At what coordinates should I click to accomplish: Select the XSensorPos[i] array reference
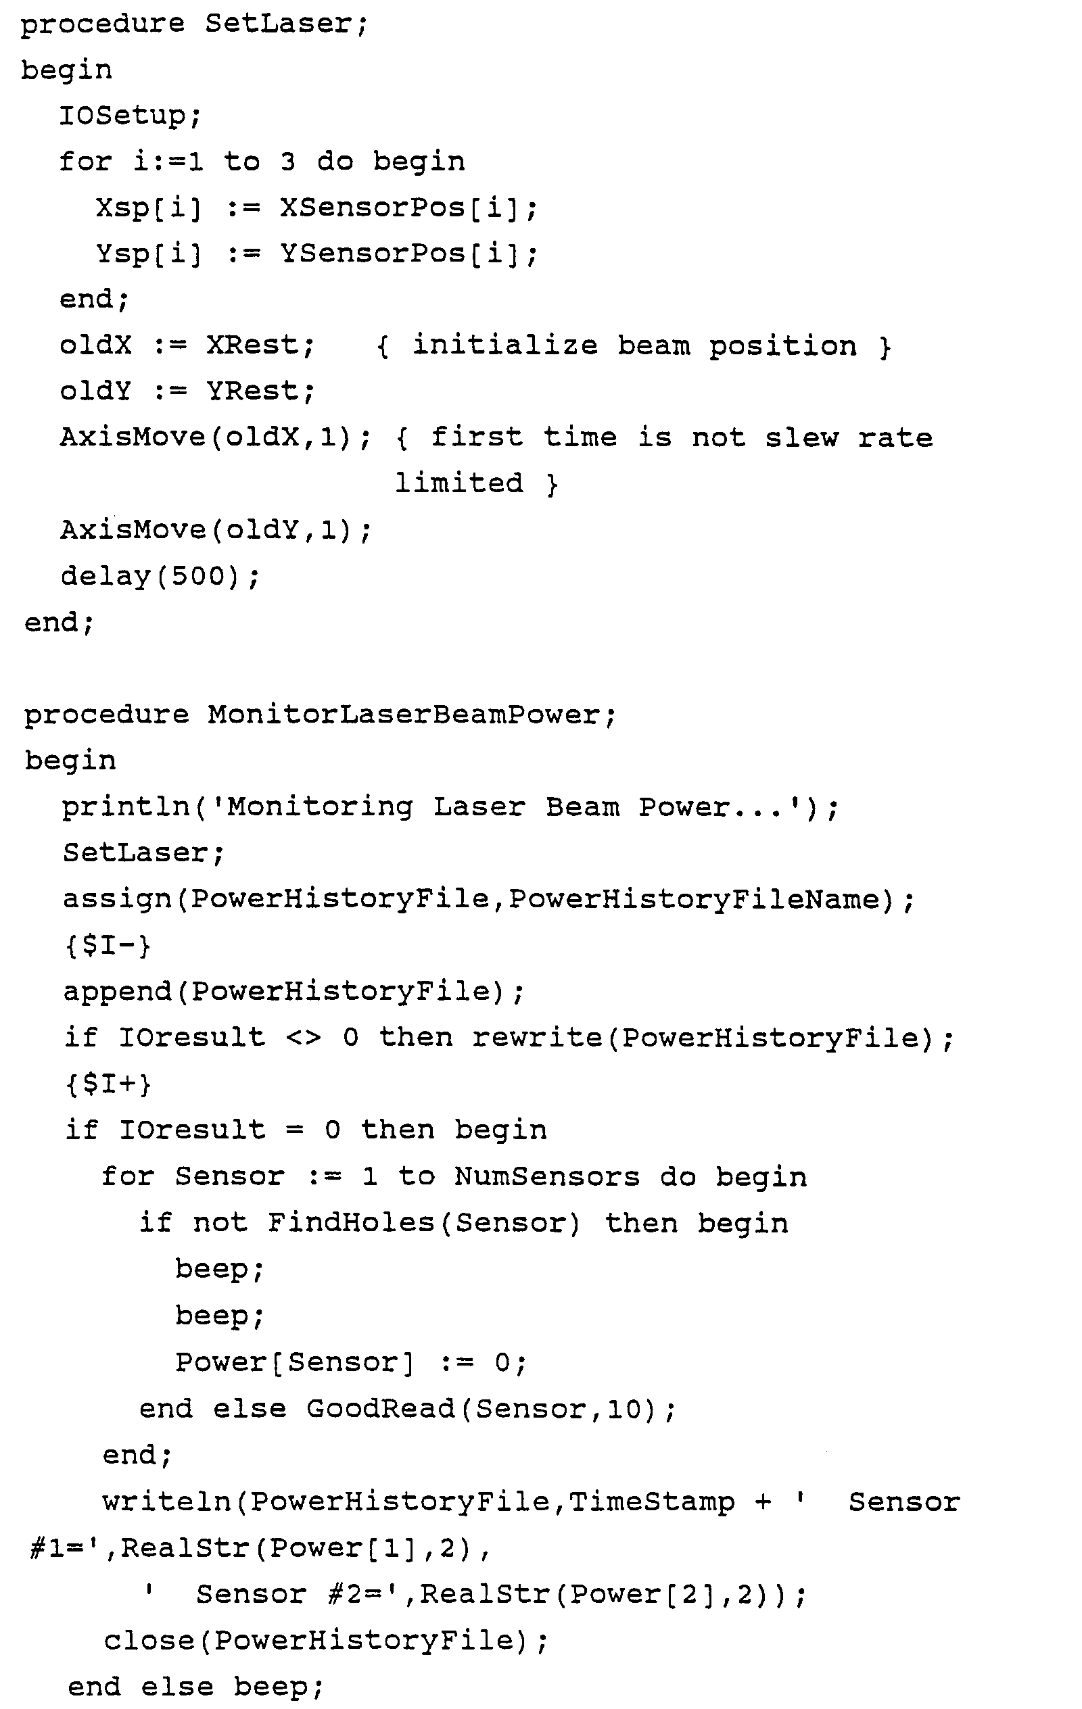pos(408,208)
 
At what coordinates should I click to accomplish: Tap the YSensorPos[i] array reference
pos(408,254)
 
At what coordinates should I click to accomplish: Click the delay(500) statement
pos(160,576)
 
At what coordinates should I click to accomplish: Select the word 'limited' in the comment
pos(458,484)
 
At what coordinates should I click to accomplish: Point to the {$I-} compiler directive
pos(108,946)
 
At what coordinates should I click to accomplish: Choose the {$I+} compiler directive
pos(108,1084)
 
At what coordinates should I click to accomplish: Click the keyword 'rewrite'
pos(536,1038)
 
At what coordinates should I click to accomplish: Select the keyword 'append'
pos(117,992)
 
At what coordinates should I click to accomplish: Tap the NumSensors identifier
pos(546,1178)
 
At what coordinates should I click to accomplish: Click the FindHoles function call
pos(351,1223)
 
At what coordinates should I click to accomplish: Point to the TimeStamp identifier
pos(652,1502)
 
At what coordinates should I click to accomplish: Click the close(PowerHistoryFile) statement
pos(325,1641)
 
